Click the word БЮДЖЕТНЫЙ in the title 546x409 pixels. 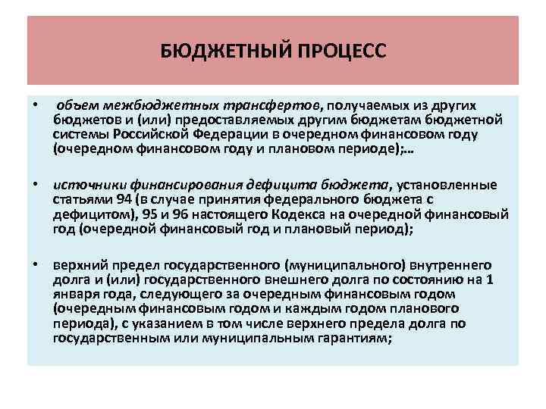click(221, 51)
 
